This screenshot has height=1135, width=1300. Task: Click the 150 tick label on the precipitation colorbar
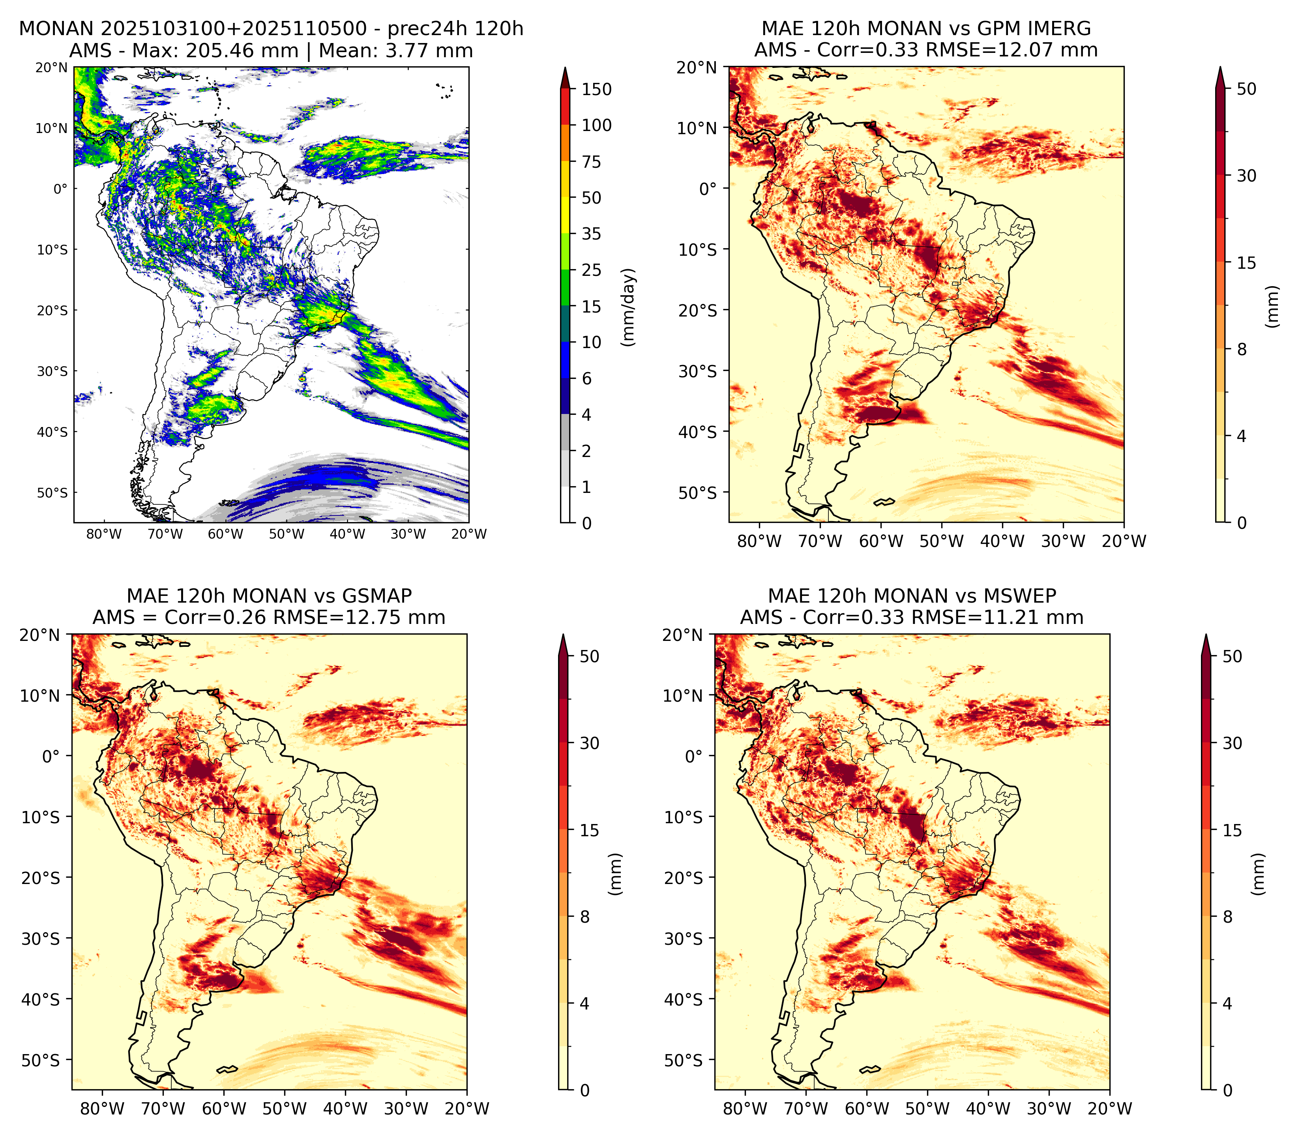coord(596,89)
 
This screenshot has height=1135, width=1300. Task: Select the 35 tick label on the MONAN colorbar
coord(592,234)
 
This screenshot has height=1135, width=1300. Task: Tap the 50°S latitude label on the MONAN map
coord(52,493)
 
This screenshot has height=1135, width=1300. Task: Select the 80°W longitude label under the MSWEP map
coord(745,1109)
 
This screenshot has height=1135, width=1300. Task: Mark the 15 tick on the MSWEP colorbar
coord(1232,830)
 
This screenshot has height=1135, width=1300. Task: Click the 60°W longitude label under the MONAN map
coord(225,534)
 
